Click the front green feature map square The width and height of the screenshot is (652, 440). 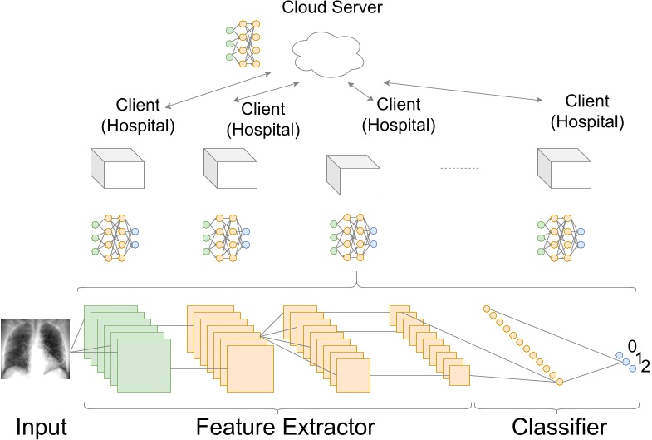coord(144,365)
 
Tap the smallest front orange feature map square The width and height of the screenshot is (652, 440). coord(459,376)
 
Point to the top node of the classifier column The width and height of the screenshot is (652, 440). coord(487,309)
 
